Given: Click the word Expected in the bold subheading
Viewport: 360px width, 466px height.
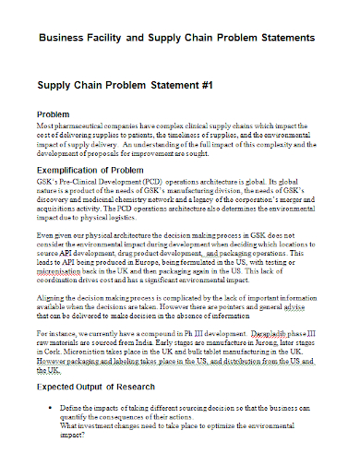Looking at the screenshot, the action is tap(58, 362).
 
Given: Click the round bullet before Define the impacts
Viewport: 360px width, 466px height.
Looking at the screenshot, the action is tap(46, 380).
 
